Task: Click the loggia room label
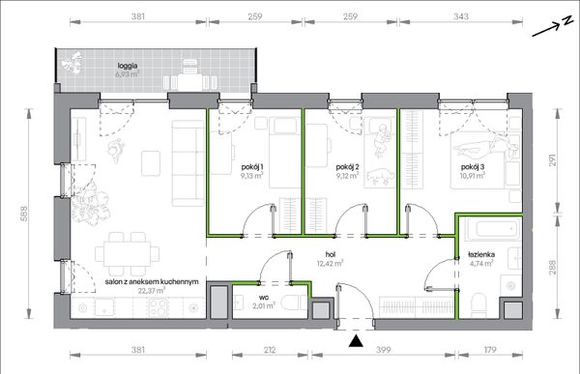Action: (x=128, y=66)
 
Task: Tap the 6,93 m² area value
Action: (x=128, y=74)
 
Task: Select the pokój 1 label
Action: (x=252, y=167)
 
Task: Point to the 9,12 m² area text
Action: (x=347, y=175)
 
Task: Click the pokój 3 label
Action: (x=473, y=167)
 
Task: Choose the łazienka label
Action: (x=481, y=254)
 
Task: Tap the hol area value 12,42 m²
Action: (x=330, y=264)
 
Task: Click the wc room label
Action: (x=264, y=298)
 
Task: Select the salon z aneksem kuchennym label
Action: (x=152, y=282)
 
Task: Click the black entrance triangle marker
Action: (x=356, y=341)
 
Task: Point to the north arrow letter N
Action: (x=567, y=21)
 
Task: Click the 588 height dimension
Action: (x=23, y=214)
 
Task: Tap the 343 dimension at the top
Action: (x=461, y=16)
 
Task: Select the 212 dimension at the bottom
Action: (x=270, y=350)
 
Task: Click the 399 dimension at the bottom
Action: (x=383, y=350)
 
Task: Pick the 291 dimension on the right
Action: (x=552, y=159)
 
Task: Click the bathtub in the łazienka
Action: (x=490, y=229)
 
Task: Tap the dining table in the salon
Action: (x=128, y=253)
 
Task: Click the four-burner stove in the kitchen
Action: (x=159, y=306)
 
